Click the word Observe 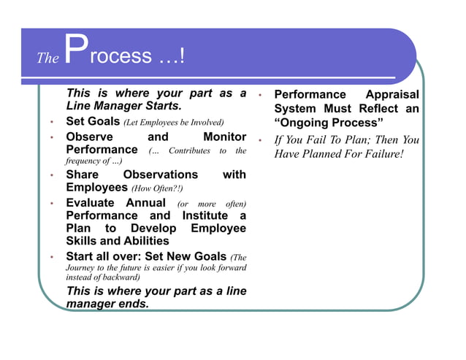(x=89, y=137)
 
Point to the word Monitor (x=224, y=137)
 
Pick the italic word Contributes (x=189, y=151)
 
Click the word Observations (x=160, y=175)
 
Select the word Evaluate (x=92, y=202)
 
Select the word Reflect (x=373, y=108)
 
